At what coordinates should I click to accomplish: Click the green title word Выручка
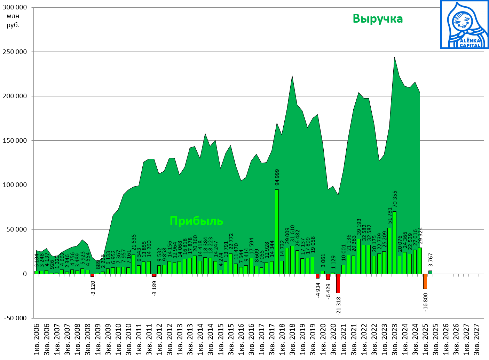click(378, 18)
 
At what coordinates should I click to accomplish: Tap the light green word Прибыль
click(196, 221)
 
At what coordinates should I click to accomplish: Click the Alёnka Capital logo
click(464, 24)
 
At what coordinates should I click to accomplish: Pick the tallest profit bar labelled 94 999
click(277, 232)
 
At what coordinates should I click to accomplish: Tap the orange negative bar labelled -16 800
click(425, 281)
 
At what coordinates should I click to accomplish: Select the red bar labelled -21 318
click(338, 283)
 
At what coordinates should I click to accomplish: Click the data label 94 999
click(277, 177)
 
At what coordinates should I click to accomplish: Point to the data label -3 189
click(155, 288)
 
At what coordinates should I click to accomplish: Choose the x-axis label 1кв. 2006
click(37, 339)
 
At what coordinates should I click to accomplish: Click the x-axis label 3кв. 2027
click(477, 339)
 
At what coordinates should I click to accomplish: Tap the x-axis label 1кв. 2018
click(282, 339)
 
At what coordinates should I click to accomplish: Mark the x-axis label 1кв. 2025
click(425, 339)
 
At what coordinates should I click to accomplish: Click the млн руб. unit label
click(13, 21)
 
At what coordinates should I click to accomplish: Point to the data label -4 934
click(318, 290)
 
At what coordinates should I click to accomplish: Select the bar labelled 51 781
click(389, 251)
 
